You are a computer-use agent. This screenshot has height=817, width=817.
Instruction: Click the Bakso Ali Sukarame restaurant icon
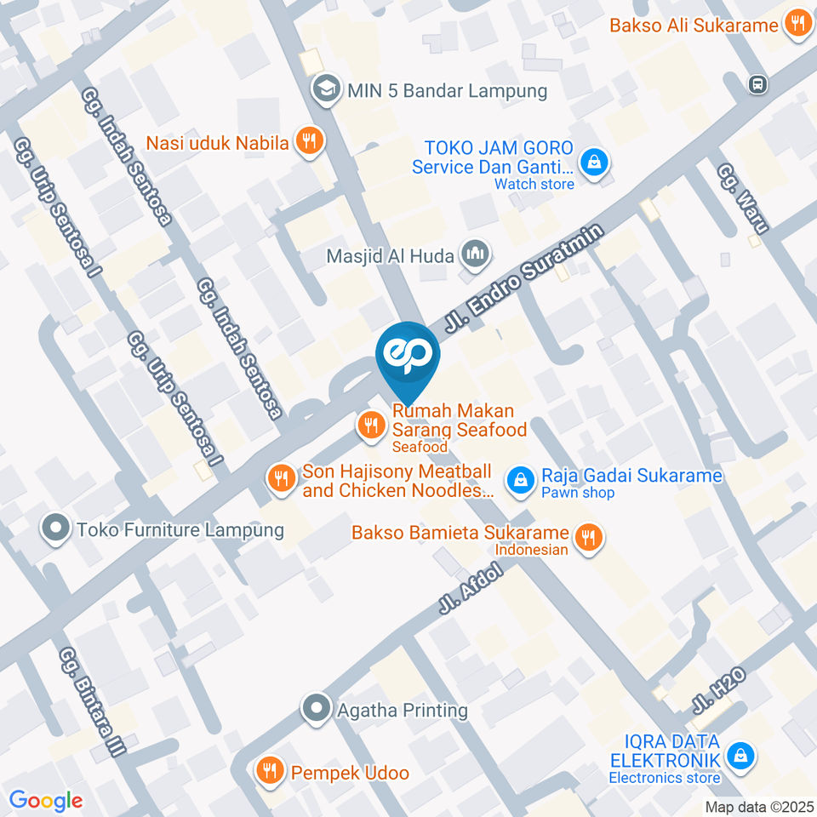[797, 24]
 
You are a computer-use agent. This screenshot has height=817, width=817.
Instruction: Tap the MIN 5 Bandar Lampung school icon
[324, 89]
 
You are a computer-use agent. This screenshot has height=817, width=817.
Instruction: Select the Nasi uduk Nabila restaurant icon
[309, 142]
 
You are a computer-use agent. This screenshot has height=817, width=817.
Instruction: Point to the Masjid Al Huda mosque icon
[475, 254]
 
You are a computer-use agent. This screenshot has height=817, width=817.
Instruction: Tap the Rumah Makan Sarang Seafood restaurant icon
[370, 424]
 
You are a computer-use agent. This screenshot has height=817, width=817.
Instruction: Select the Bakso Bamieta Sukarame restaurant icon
[587, 537]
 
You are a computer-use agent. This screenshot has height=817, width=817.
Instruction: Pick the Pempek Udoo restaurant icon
[271, 771]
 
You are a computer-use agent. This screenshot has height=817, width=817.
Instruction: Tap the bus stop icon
[756, 83]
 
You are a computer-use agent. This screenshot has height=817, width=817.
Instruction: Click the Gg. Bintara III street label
[93, 702]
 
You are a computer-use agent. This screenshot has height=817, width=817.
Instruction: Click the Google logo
[46, 800]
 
